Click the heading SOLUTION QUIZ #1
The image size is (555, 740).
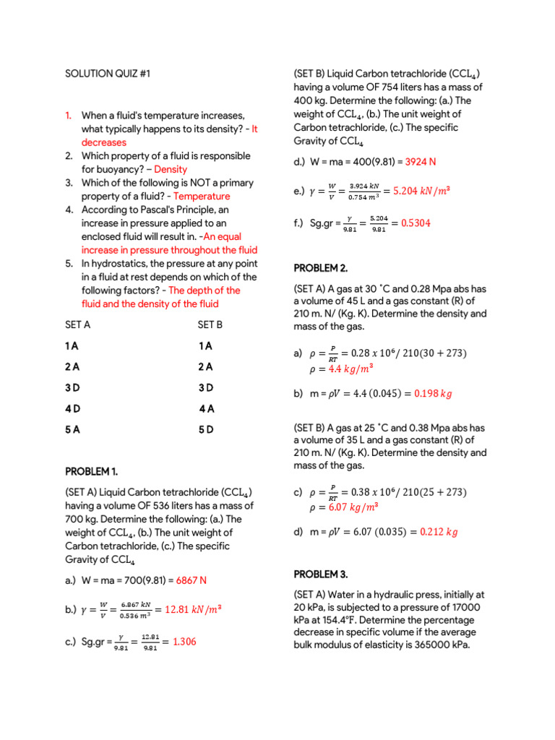108,74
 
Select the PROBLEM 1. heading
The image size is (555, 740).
91,472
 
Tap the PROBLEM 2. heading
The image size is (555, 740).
320,268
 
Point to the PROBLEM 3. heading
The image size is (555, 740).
320,575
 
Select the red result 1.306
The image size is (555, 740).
184,642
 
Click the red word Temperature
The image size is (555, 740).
202,196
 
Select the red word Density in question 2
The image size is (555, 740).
171,169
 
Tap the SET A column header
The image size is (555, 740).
78,324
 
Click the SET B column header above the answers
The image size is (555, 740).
210,324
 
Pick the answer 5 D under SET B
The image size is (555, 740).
206,429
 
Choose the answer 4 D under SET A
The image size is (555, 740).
72,408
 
